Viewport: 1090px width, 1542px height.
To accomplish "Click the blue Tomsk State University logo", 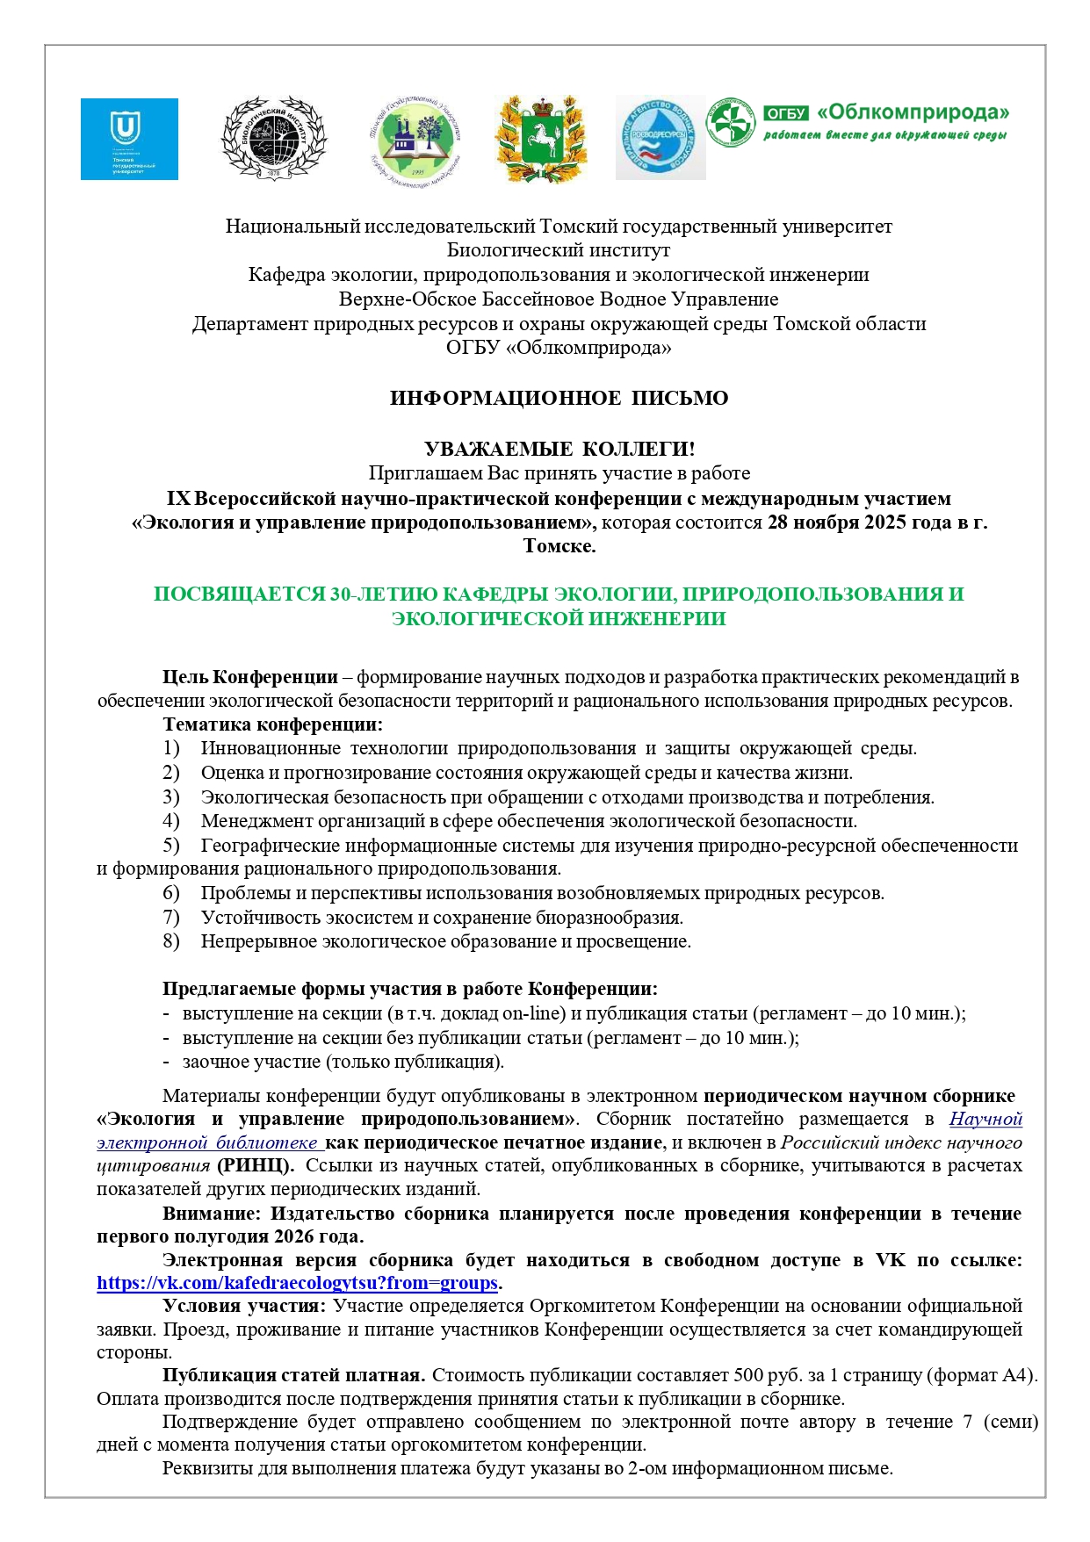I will [x=129, y=139].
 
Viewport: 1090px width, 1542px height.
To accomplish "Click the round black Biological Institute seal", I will [x=272, y=139].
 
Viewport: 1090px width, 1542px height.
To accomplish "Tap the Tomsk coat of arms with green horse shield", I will [x=540, y=139].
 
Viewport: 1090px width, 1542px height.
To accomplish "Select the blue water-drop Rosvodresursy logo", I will [x=660, y=139].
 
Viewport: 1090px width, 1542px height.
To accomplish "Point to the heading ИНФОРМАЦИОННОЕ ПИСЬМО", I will [x=559, y=399].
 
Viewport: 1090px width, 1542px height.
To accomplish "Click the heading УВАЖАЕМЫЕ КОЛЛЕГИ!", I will [x=559, y=450].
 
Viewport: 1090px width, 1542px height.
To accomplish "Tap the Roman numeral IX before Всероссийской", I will [x=178, y=499].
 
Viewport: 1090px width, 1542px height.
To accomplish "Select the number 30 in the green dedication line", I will [x=341, y=594].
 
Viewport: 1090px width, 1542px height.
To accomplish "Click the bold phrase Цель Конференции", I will [x=250, y=677].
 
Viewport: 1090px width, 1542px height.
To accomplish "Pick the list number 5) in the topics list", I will [x=171, y=846].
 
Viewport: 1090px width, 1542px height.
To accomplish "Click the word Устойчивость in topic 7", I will [x=256, y=918].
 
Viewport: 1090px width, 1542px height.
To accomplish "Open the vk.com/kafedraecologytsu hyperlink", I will [x=298, y=1283].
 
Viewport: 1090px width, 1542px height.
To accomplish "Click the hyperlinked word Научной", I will [x=985, y=1120].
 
